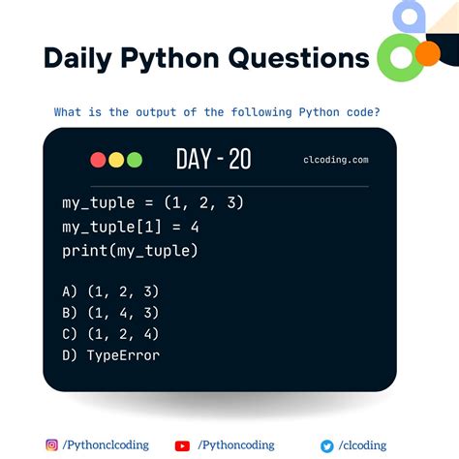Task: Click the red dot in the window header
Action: point(99,160)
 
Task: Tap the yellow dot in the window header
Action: point(116,160)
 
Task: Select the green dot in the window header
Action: point(134,160)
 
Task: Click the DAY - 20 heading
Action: point(213,160)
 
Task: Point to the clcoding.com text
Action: point(335,161)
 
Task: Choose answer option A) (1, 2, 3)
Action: point(108,291)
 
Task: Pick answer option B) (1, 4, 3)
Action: point(108,313)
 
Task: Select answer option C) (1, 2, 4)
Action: point(108,334)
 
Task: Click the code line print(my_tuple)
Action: point(129,251)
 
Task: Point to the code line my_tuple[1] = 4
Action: point(129,227)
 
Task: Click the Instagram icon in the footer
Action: point(51,445)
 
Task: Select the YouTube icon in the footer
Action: point(182,445)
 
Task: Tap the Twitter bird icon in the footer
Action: point(327,445)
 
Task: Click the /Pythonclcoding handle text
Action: point(107,445)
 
